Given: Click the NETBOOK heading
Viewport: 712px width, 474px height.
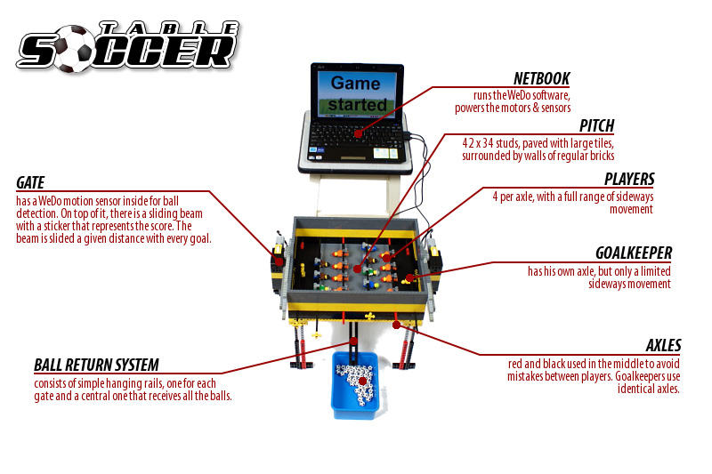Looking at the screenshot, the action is pyautogui.click(x=542, y=78).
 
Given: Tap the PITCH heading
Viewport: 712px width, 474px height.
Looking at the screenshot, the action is pyautogui.click(x=596, y=125).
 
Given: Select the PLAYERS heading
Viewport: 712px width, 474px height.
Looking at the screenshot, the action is pyautogui.click(x=629, y=179).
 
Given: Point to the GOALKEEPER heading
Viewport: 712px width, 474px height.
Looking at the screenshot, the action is pyautogui.click(x=634, y=253).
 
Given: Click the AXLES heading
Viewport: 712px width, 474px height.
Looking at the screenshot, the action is pyautogui.click(x=663, y=345).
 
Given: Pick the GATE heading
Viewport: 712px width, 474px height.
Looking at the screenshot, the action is pyautogui.click(x=30, y=183).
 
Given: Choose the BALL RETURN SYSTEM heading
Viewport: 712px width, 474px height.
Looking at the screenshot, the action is pyautogui.click(x=97, y=365).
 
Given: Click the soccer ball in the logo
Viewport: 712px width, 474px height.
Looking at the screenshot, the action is pyautogui.click(x=75, y=49).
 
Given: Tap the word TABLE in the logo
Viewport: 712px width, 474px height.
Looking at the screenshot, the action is pyautogui.click(x=169, y=29).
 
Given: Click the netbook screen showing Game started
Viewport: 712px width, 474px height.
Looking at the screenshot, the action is pyautogui.click(x=357, y=93).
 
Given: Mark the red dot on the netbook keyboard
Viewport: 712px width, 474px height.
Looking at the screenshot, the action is pyautogui.click(x=359, y=133).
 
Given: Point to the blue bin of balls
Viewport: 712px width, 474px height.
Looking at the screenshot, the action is pyautogui.click(x=355, y=385).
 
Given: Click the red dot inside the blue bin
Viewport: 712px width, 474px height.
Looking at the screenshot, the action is pyautogui.click(x=363, y=381).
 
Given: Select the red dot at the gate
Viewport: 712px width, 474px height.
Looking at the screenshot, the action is pyautogui.click(x=279, y=261).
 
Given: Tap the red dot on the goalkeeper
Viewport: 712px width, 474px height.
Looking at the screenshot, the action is pyautogui.click(x=409, y=278).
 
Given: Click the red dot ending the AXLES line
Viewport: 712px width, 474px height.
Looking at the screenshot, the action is pyautogui.click(x=396, y=325).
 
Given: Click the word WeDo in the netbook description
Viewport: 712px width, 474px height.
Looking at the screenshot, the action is pyautogui.click(x=520, y=95).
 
